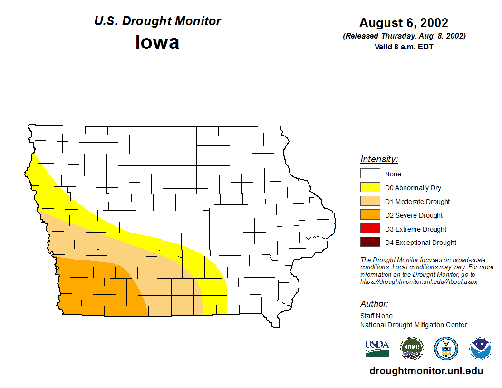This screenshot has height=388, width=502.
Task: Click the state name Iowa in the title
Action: (157, 42)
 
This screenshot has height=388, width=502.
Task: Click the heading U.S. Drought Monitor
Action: (157, 21)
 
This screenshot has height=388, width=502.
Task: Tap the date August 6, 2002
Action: (404, 23)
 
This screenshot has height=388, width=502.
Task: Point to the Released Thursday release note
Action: (404, 36)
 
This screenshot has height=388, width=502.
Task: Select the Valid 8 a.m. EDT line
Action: (404, 47)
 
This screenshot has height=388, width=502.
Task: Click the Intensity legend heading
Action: (379, 159)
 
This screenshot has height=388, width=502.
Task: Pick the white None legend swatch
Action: (370, 174)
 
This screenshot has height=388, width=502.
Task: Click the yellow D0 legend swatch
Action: (370, 188)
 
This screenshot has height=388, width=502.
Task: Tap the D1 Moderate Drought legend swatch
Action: (370, 202)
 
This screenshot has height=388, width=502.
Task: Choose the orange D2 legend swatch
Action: (370, 215)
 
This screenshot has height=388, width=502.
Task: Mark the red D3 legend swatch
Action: (370, 229)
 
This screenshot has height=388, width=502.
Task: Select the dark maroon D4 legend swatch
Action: (370, 242)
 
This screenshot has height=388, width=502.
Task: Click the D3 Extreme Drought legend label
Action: (415, 229)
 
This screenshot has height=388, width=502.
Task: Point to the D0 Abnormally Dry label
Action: (413, 188)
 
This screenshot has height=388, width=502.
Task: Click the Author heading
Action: (374, 304)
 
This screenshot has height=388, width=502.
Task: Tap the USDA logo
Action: (377, 349)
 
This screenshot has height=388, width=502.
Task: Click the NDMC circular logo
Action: (411, 349)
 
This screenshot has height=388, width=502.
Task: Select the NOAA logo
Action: (481, 349)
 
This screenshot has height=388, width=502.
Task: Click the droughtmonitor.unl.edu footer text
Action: (426, 371)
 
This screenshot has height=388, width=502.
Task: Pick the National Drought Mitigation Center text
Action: (414, 325)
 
